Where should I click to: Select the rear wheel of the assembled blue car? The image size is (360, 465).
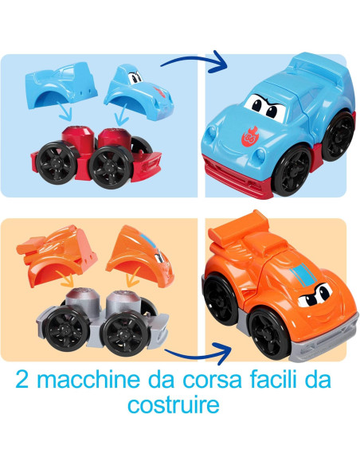pos(341,135)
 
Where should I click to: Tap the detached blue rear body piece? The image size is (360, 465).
pos(63,84)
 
